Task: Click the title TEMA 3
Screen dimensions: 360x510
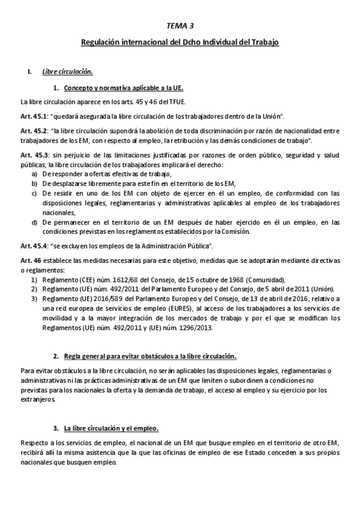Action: click(x=180, y=26)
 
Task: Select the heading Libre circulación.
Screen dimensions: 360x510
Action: click(x=67, y=72)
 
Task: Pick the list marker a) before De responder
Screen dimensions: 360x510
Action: click(x=34, y=173)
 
